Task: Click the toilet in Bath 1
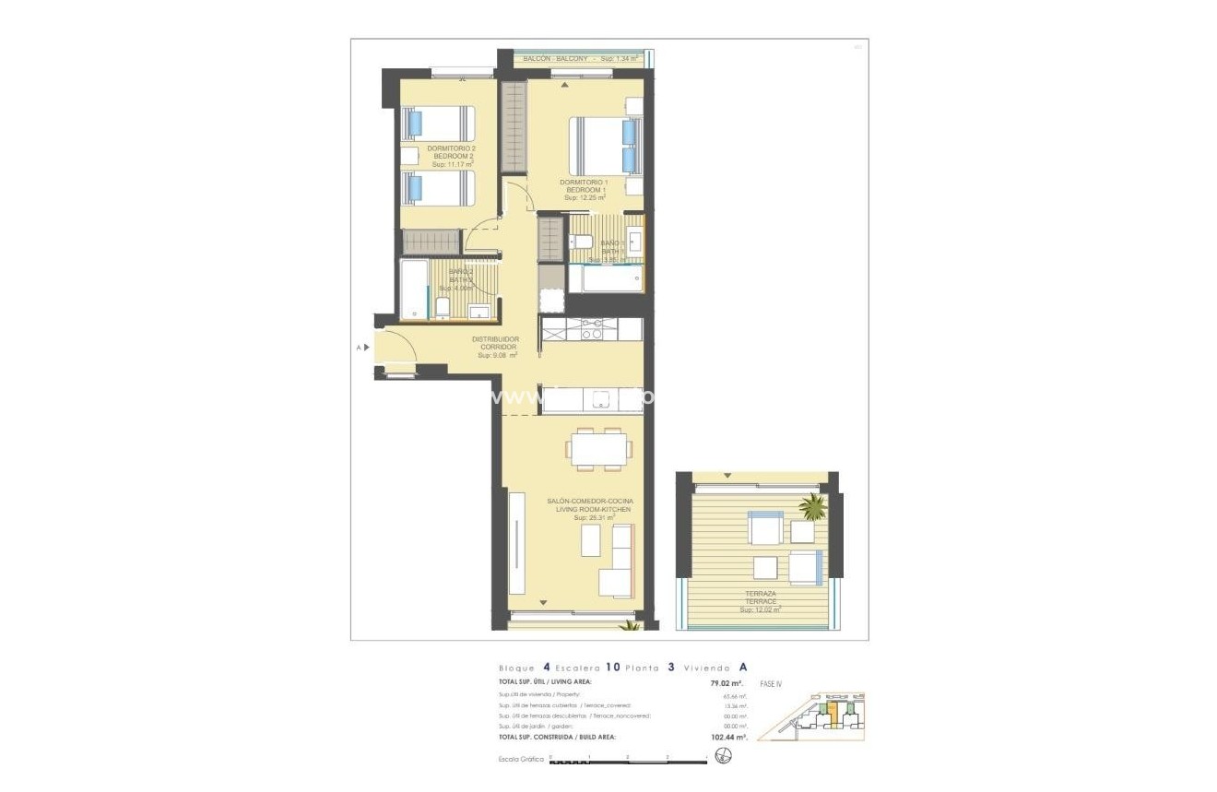582,242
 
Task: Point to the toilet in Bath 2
442,307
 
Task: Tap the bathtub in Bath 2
414,289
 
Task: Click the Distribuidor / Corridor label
495,346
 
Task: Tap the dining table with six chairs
600,448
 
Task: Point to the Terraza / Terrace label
762,600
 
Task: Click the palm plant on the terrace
812,506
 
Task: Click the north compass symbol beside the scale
723,758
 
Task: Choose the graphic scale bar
627,761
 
